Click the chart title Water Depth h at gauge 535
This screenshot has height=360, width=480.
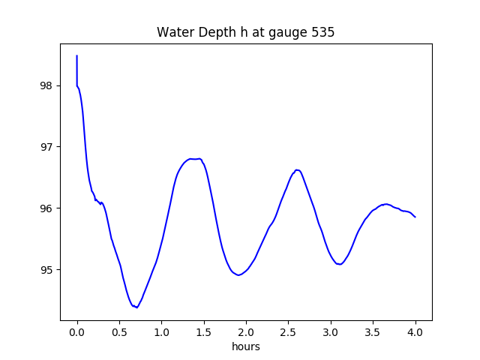click(x=245, y=33)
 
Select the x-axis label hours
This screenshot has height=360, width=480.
click(x=245, y=346)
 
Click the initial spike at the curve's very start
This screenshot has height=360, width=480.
click(x=76, y=57)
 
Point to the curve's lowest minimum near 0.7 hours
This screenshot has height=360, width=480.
click(x=136, y=307)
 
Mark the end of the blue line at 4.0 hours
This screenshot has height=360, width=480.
click(x=415, y=217)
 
